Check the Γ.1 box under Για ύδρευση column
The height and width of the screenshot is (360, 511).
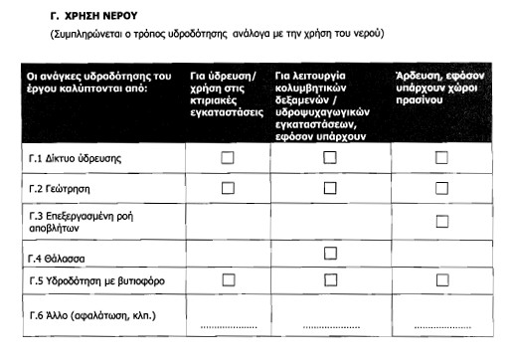(x=228, y=157)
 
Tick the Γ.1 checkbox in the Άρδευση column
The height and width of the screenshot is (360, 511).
(x=441, y=157)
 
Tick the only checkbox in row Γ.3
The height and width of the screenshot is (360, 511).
(x=441, y=221)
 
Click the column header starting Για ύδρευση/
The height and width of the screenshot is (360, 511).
(x=228, y=90)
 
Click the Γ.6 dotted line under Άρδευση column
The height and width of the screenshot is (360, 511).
(x=441, y=325)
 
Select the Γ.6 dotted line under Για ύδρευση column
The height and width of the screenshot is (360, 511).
(x=228, y=325)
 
